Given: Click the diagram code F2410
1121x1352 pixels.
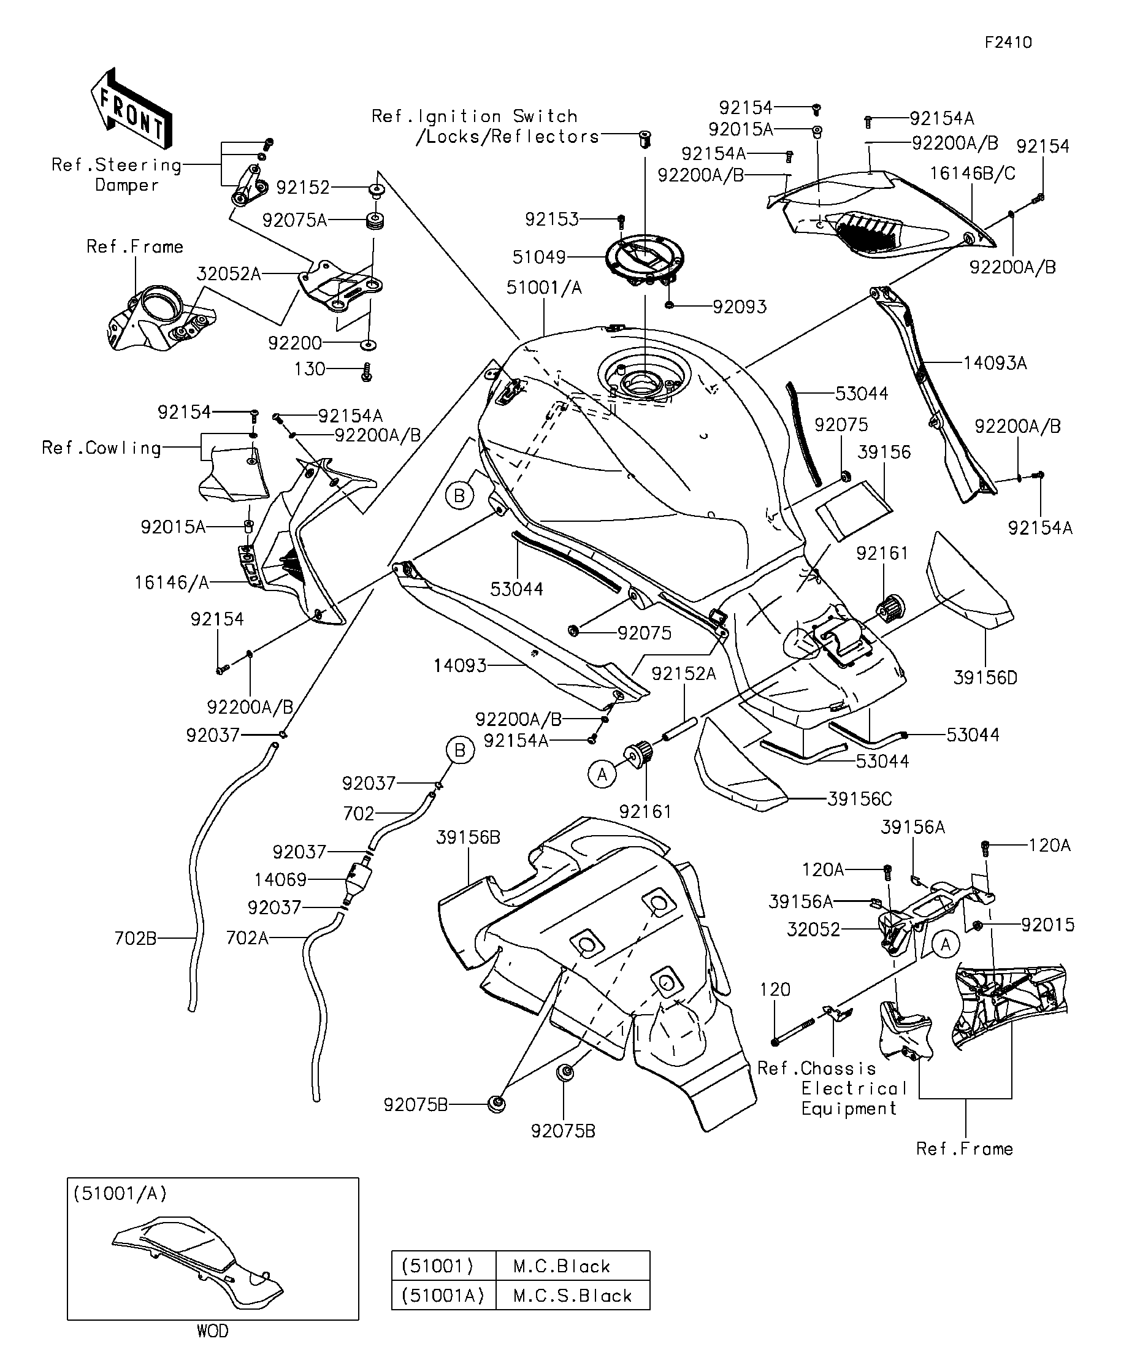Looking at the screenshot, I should [1008, 42].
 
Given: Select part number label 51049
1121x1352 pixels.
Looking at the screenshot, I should [538, 258].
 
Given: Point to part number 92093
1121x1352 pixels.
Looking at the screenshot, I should [739, 307].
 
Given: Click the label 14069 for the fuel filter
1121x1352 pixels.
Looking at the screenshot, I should [280, 879].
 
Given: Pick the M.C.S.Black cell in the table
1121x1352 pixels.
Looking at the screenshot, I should [572, 1296].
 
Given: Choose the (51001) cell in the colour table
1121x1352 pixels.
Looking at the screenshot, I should [438, 1266].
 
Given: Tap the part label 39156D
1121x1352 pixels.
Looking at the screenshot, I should [984, 678].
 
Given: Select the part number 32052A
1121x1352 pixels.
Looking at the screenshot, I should [229, 274].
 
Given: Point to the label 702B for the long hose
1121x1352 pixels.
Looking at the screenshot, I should [135, 939].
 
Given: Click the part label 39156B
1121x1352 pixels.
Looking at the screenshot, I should [467, 838].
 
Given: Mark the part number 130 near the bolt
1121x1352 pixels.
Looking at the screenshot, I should [310, 370].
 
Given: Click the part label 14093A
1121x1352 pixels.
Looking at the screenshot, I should [994, 364].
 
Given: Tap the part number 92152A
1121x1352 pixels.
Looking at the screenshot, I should [683, 673].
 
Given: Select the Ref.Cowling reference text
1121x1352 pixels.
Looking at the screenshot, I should [101, 448].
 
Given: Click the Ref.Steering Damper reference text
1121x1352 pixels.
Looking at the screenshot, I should [117, 175].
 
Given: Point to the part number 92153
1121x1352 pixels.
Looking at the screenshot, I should [551, 220].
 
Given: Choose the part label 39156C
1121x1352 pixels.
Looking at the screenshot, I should [859, 800].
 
